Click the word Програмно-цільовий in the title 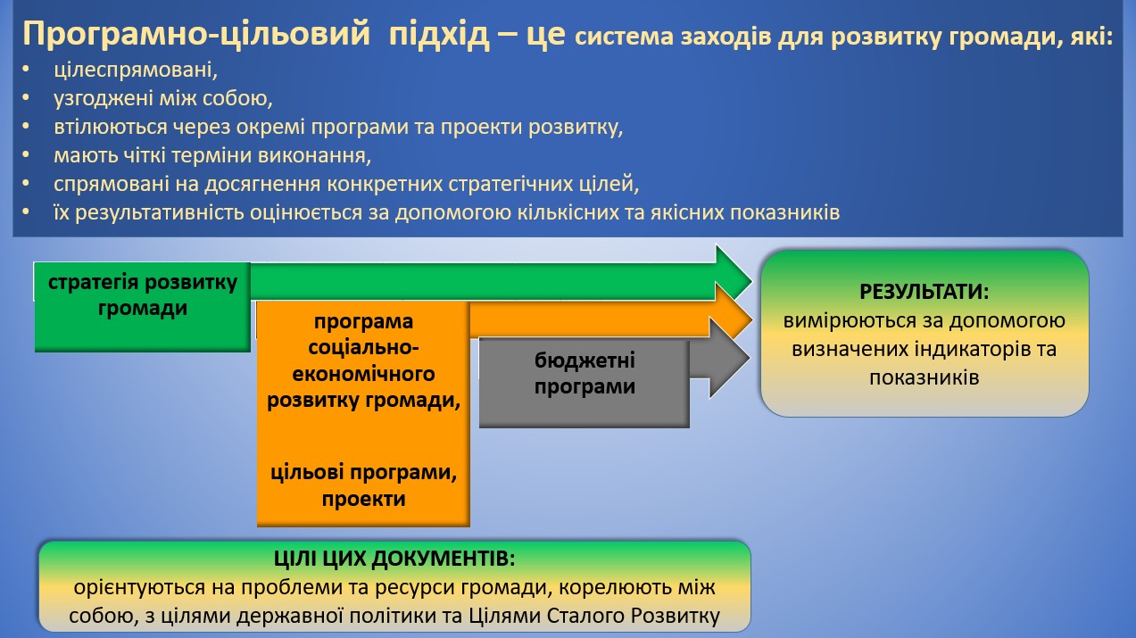pyautogui.click(x=196, y=35)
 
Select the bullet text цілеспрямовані pyautogui.click(x=136, y=70)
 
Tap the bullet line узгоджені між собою pyautogui.click(x=162, y=98)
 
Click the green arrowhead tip pyautogui.click(x=751, y=280)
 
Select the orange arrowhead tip pyautogui.click(x=751, y=319)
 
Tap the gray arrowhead pyautogui.click(x=729, y=358)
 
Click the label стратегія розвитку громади pyautogui.click(x=143, y=294)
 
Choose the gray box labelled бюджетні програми pyautogui.click(x=585, y=383)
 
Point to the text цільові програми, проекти pyautogui.click(x=363, y=485)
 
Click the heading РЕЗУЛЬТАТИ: pyautogui.click(x=924, y=292)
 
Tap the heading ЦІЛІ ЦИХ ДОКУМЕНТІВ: pyautogui.click(x=394, y=559)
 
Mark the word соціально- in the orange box pyautogui.click(x=363, y=347)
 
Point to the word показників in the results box pyautogui.click(x=924, y=377)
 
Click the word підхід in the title pyautogui.click(x=439, y=35)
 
